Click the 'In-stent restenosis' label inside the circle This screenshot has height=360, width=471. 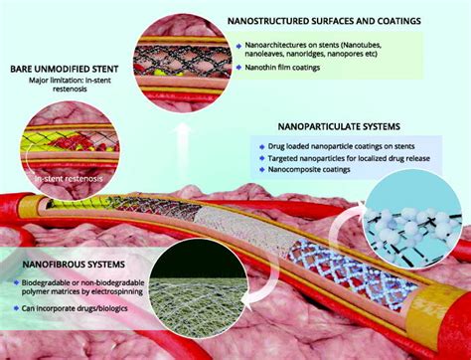tap(67, 178)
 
